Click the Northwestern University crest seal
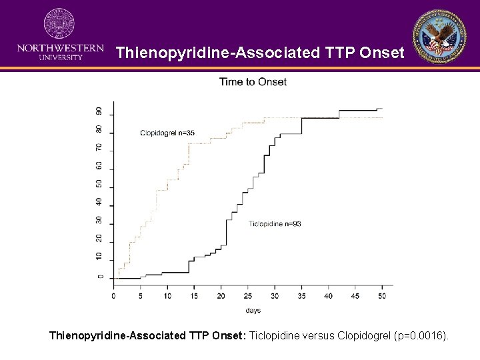point(59,25)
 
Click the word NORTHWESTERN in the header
point(60,49)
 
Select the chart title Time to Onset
point(253,82)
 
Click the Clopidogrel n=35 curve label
point(167,133)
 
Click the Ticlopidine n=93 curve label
point(275,224)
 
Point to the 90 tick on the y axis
point(99,111)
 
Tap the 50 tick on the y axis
point(99,183)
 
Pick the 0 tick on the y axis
point(99,277)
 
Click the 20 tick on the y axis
point(99,238)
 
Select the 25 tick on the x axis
point(248,295)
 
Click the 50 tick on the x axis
point(382,295)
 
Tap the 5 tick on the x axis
point(141,295)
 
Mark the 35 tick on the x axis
point(301,295)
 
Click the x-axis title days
point(253,311)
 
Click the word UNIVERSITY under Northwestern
point(60,58)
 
